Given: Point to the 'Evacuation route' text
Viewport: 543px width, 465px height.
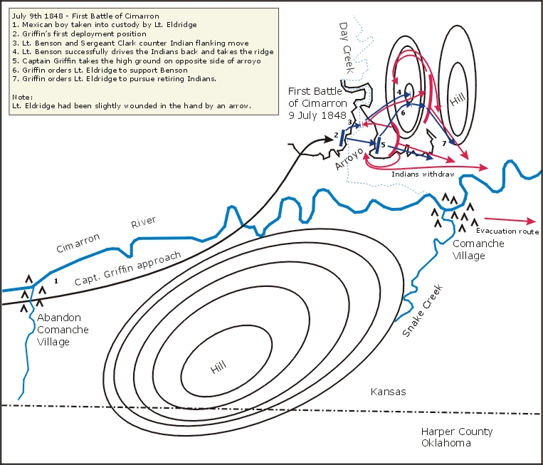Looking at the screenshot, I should [x=507, y=231].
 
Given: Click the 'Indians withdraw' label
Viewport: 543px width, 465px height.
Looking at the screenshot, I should [x=423, y=174].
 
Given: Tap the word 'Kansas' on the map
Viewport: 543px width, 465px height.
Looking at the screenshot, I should [x=388, y=392].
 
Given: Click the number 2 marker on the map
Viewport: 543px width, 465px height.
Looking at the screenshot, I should [x=335, y=135].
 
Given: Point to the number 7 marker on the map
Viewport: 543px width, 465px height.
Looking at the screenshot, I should [x=444, y=144].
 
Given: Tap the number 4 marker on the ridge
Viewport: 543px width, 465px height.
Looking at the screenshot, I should [x=400, y=93].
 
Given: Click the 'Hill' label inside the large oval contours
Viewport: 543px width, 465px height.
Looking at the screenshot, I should [x=218, y=367].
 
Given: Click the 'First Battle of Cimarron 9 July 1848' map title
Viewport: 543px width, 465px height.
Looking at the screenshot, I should [x=317, y=103].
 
